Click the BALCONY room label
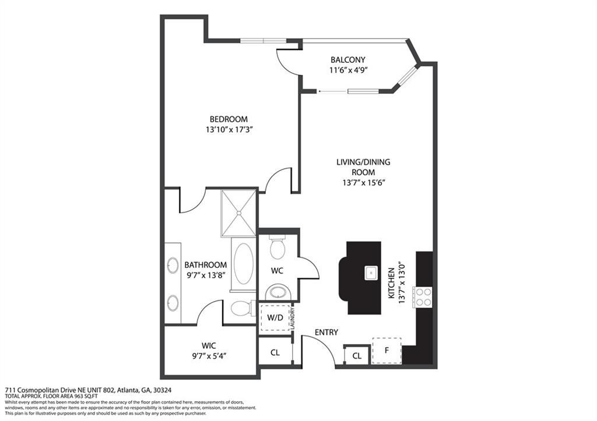coord(347,60)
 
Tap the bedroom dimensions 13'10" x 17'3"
coord(230,130)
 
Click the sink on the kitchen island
coord(371,273)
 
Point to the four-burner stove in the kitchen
coord(423,297)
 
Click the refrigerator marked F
coord(387,351)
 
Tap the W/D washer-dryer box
coord(275,317)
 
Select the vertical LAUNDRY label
coord(293,319)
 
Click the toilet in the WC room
coord(278,247)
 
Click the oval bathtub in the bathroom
coord(243,264)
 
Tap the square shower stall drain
coord(238,213)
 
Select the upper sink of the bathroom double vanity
coord(173,265)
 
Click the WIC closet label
coord(209,346)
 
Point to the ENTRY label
coord(326,332)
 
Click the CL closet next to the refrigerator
coord(357,356)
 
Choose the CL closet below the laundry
coord(275,352)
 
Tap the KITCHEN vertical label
coord(391,283)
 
